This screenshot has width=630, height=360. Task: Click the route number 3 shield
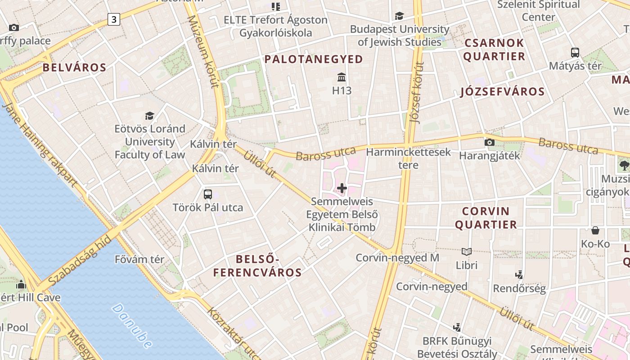point(114,19)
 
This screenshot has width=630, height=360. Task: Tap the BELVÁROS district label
point(74,68)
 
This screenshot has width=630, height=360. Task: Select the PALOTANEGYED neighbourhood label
point(313,59)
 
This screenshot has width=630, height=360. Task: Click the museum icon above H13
point(342,77)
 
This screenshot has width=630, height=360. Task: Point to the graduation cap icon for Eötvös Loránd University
point(149,116)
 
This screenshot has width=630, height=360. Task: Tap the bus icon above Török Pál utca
point(207,194)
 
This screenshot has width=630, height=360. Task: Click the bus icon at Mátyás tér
point(575,52)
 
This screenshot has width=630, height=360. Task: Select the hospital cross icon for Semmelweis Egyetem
point(342,188)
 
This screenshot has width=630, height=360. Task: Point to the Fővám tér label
point(139,260)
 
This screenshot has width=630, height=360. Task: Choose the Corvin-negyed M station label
point(397,258)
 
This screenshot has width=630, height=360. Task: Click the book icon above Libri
point(467,252)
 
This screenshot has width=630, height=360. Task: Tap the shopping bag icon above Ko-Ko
point(595,230)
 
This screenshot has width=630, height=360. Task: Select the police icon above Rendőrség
point(519,274)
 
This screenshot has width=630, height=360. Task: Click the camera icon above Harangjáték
point(489,143)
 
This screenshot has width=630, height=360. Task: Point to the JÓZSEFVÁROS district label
point(502,92)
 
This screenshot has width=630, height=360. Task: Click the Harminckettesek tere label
point(408,158)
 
